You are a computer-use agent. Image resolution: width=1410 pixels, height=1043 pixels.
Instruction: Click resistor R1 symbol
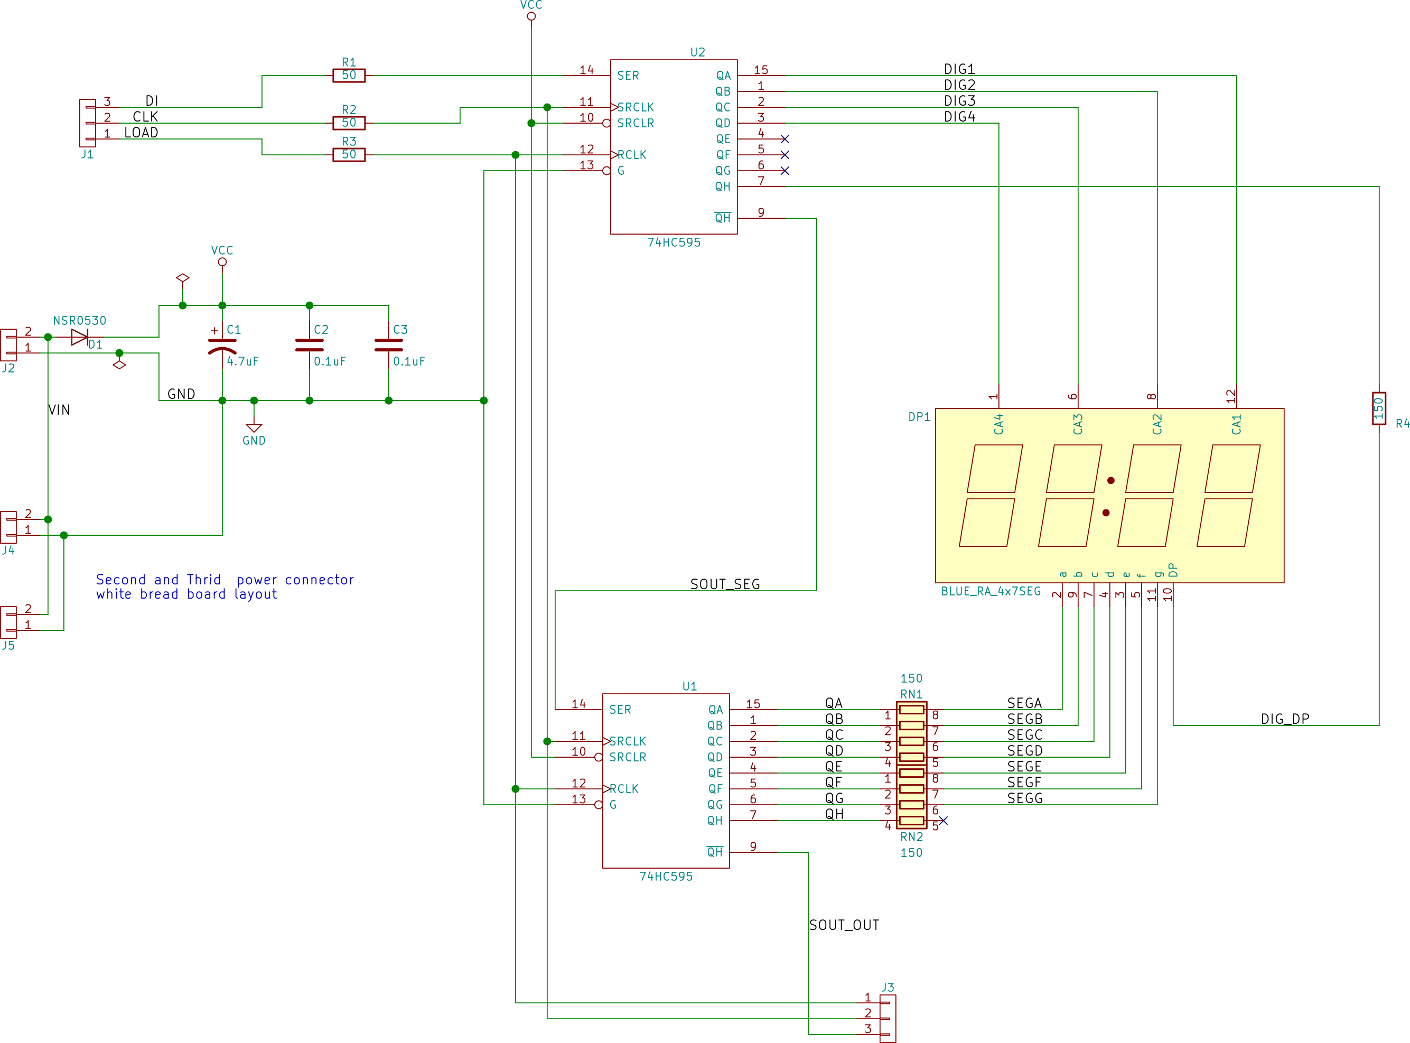(349, 76)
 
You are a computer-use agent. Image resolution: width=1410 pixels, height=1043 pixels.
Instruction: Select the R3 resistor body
(349, 155)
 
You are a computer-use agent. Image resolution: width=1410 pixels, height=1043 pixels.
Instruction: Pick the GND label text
(254, 441)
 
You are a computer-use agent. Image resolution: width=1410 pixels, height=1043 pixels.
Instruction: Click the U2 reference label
(697, 52)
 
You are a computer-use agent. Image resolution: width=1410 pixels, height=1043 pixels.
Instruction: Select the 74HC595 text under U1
(666, 877)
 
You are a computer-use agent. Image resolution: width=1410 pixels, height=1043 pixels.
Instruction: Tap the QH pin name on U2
(723, 186)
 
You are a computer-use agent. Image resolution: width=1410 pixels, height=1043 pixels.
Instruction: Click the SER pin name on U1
(620, 710)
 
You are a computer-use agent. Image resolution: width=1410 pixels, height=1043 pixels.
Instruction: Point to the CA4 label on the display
(998, 424)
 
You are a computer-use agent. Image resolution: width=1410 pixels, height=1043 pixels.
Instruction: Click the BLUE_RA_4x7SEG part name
(991, 592)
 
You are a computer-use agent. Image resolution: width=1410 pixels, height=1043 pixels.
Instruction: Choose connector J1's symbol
(87, 123)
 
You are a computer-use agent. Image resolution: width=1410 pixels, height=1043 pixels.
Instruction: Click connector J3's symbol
(888, 1018)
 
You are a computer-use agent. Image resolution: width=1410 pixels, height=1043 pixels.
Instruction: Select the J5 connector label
(8, 645)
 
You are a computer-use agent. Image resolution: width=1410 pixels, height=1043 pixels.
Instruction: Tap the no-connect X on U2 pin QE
(785, 139)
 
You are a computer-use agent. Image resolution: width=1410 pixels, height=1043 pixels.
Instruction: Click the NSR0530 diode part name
(80, 321)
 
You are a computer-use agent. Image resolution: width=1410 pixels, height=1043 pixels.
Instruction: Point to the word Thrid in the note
(204, 580)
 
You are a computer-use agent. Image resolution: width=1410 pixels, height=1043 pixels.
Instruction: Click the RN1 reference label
(911, 694)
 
